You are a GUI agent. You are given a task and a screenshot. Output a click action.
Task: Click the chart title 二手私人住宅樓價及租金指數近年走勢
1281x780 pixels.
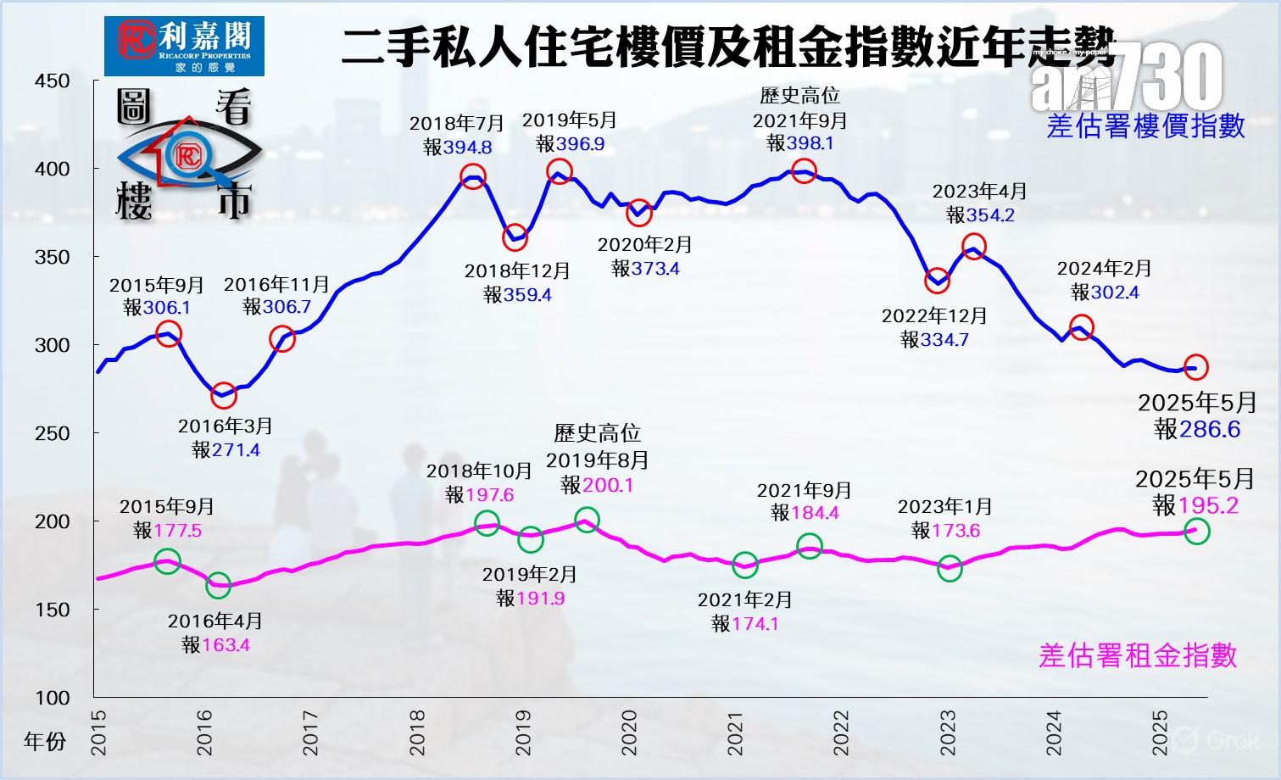point(729,46)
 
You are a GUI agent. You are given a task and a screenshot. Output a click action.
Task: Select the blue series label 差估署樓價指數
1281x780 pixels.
point(1146,126)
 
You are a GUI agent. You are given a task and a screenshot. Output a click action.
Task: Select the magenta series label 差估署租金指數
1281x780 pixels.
point(1138,655)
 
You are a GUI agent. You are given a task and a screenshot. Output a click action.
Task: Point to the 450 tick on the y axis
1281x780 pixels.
point(53,81)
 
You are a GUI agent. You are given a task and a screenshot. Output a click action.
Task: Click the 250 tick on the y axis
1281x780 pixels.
point(53,433)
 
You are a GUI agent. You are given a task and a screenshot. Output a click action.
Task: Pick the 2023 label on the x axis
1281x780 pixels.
point(948,732)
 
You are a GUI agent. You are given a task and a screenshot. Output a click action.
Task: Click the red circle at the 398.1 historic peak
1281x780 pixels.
point(804,170)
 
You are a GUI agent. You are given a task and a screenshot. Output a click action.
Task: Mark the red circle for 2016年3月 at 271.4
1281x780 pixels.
point(223,394)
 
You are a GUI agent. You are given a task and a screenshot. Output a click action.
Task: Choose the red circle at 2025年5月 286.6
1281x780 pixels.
point(1195,367)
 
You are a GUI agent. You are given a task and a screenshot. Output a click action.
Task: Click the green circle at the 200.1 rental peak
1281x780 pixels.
point(586,520)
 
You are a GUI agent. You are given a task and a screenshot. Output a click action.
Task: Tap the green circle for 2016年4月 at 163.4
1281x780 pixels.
point(218,584)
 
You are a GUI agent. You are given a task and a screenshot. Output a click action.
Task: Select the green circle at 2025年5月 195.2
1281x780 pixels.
point(1196,532)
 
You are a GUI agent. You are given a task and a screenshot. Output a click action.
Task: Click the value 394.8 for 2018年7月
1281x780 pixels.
point(468,148)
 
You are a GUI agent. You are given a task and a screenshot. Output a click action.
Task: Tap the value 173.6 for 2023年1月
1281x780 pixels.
point(956,531)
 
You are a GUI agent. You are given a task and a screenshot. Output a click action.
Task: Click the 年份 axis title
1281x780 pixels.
point(45,742)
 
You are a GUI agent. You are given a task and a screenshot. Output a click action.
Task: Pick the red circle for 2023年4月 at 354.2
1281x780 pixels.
point(974,247)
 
